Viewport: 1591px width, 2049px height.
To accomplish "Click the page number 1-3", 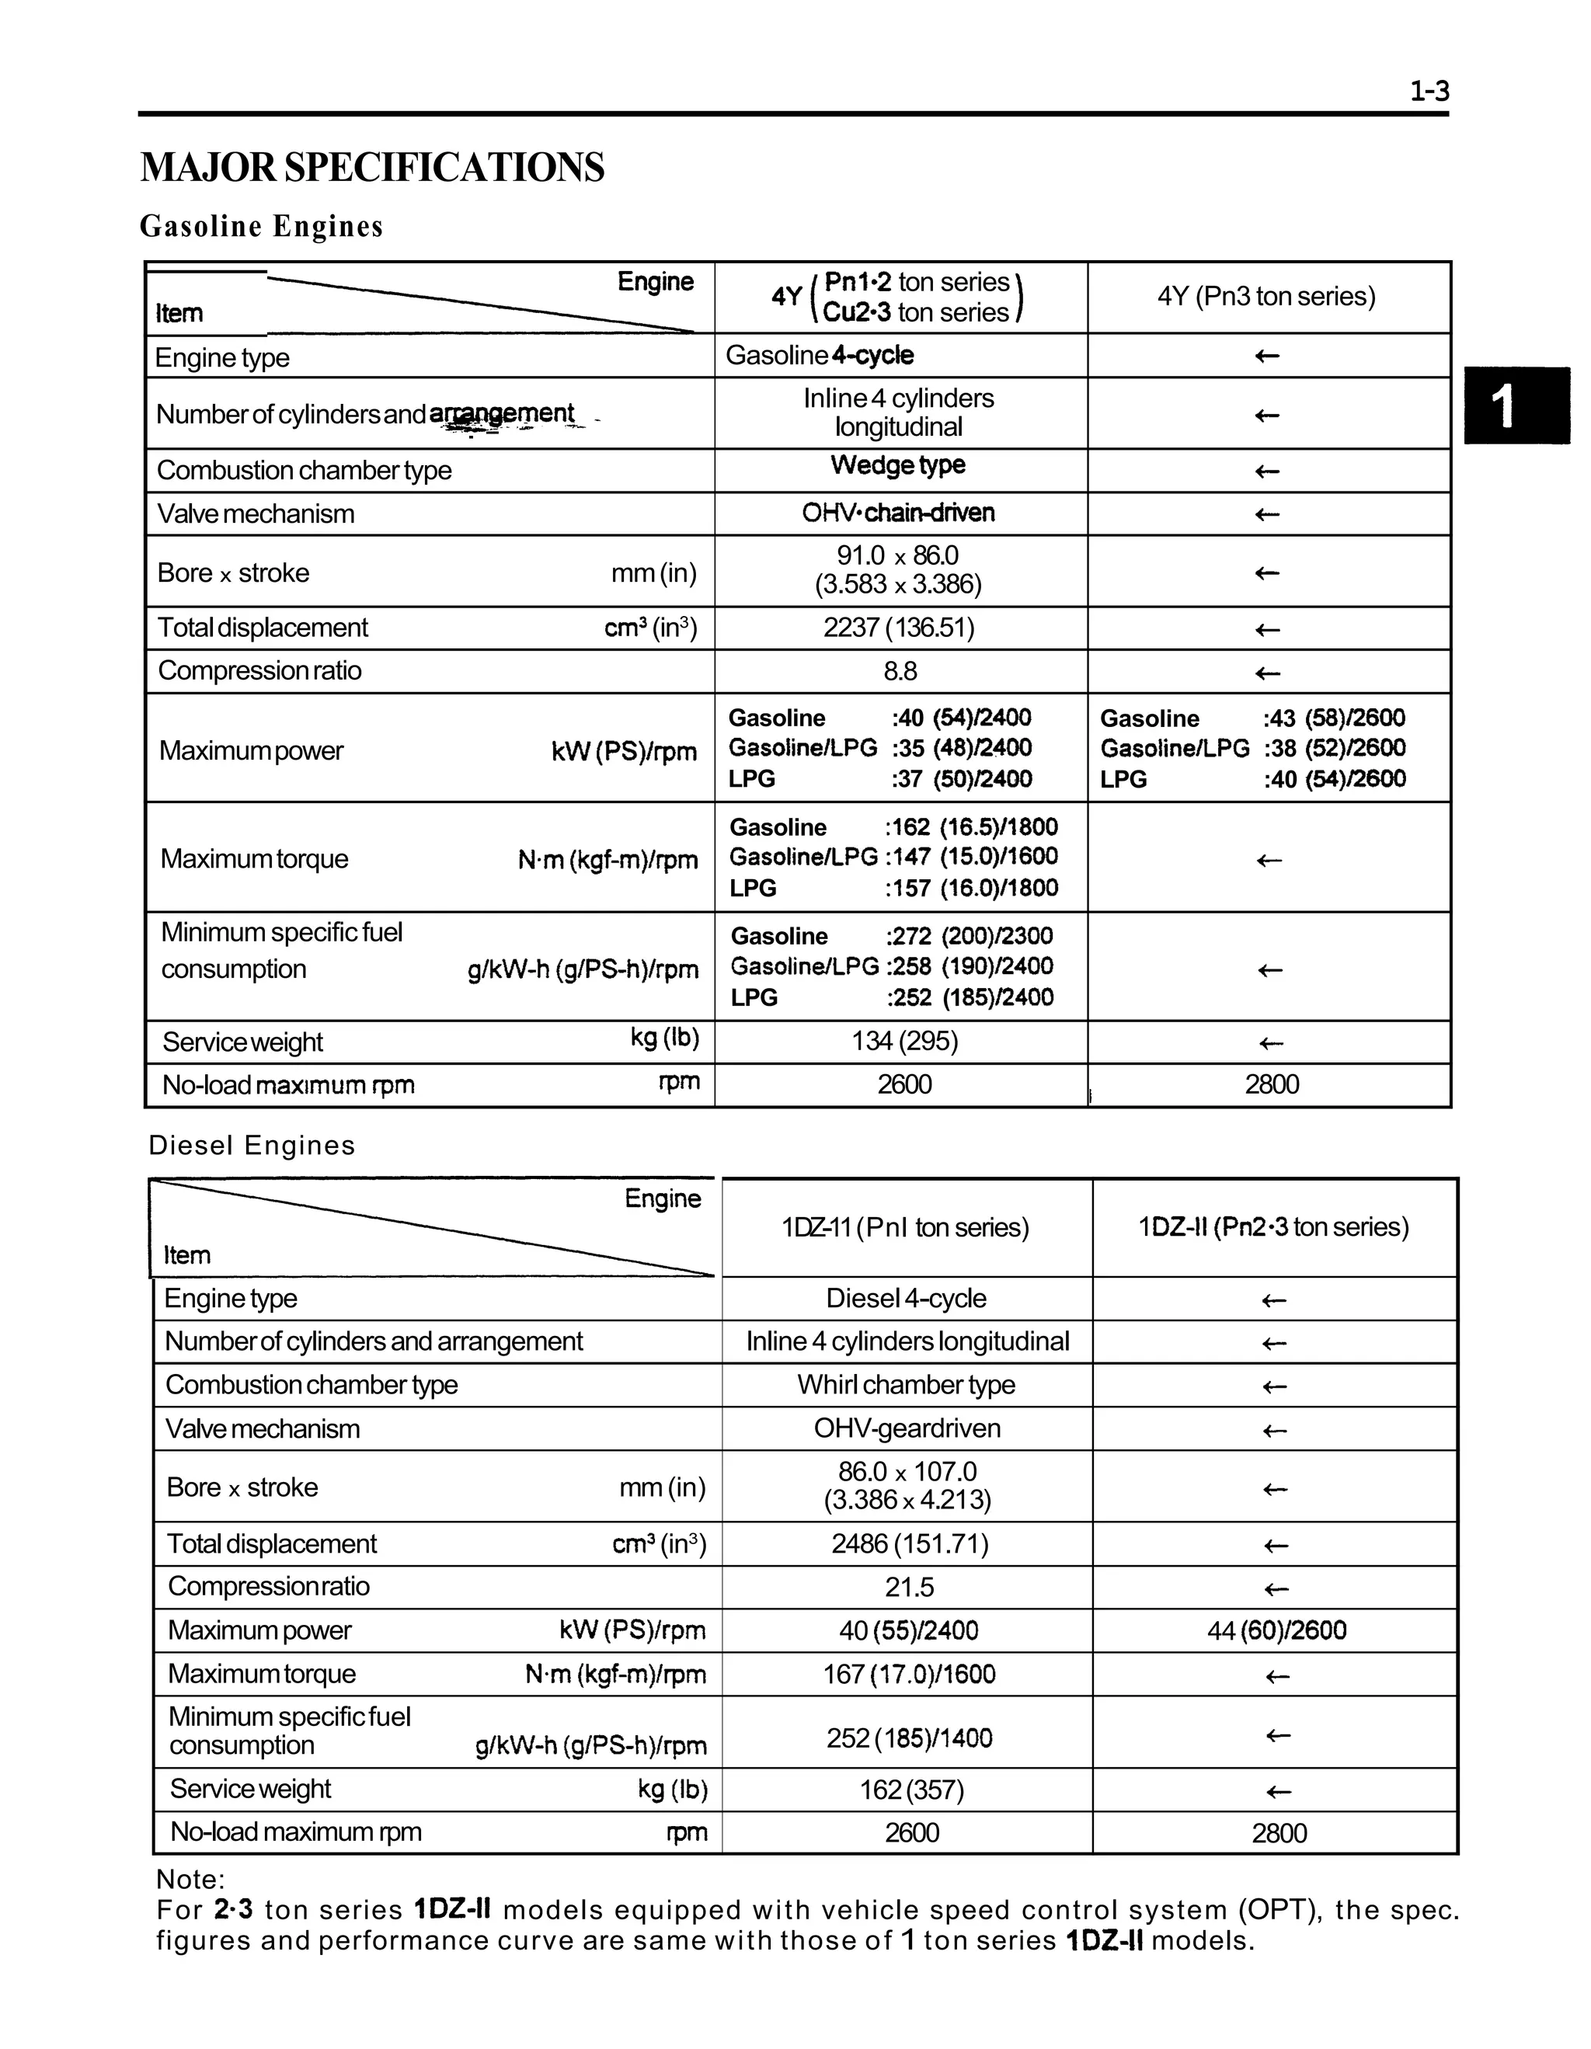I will [1429, 91].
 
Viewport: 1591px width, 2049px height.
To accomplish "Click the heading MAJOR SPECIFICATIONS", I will [371, 168].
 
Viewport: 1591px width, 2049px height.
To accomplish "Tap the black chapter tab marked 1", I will [1516, 406].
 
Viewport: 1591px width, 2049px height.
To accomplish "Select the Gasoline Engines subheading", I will [261, 226].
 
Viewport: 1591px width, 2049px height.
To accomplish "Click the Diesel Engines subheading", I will [252, 1145].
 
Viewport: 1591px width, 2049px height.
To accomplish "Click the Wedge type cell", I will [898, 465].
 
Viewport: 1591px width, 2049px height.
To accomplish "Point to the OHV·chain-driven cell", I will [898, 513].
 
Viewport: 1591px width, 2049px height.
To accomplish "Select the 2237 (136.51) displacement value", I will [898, 628].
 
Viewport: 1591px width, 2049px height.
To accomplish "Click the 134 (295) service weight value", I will [904, 1042].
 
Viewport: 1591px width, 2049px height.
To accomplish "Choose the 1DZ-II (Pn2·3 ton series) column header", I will [1273, 1227].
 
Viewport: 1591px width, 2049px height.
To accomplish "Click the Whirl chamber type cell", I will [905, 1385].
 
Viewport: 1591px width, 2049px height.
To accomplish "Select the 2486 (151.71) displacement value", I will [909, 1543].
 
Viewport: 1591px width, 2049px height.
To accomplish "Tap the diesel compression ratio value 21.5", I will [909, 1588].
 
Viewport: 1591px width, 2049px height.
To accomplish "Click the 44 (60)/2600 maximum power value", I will [1276, 1630].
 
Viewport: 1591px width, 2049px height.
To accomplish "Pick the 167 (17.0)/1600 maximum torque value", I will [908, 1675].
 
